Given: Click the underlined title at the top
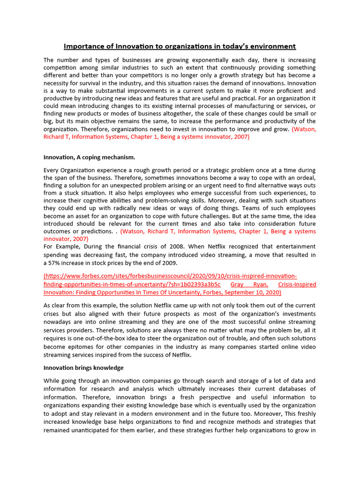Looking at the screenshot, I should point(180,46).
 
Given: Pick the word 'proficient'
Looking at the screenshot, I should point(282,90).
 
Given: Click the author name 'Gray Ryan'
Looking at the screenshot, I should point(250,285).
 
